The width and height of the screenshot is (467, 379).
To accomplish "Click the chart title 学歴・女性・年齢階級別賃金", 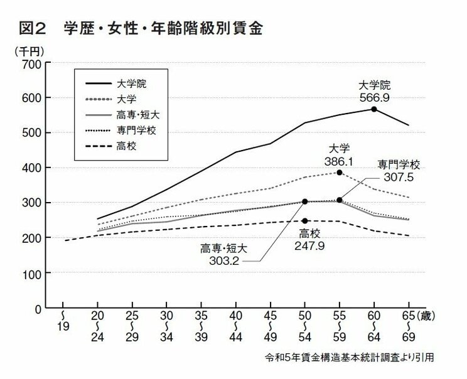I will pos(162,29).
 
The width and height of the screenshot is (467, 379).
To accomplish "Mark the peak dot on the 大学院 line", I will pos(374,109).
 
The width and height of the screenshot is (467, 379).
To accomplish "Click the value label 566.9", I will pos(374,97).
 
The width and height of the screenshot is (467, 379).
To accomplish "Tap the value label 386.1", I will pos(340,161).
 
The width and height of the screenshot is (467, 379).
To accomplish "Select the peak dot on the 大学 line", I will pos(340,173).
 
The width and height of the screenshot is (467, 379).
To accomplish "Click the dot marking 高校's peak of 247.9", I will pos(305,221).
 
